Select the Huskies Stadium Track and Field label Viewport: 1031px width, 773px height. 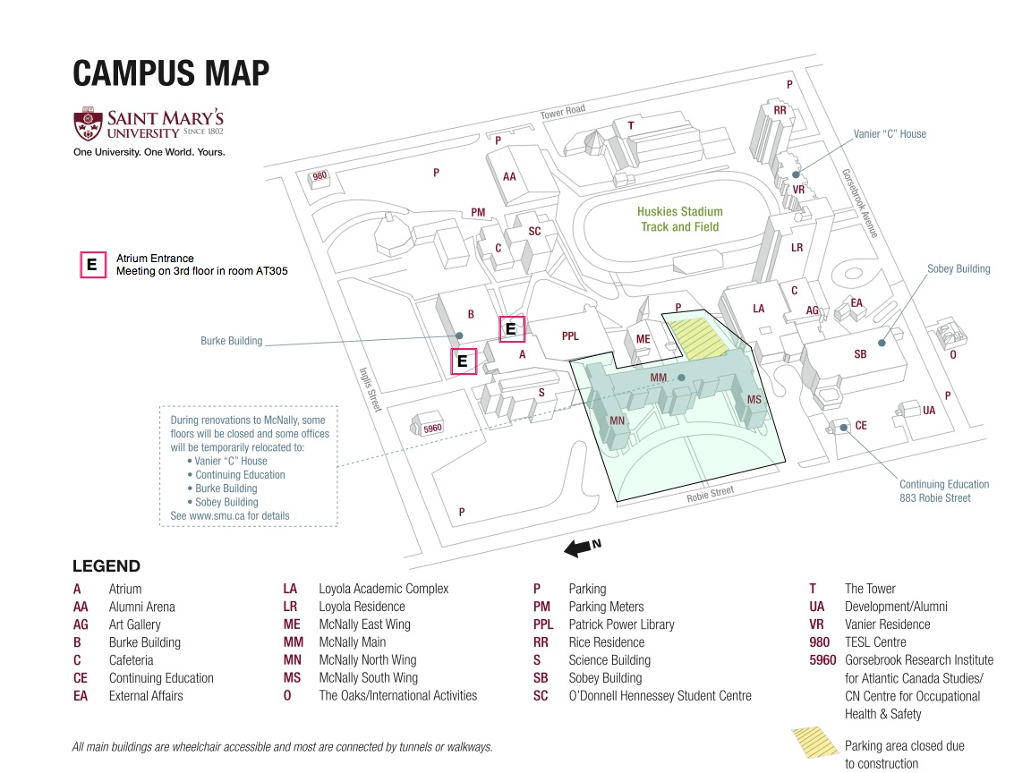tap(679, 219)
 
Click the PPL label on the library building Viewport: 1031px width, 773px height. tap(570, 336)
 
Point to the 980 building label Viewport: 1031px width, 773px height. tap(320, 176)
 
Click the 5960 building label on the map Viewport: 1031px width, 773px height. tap(432, 429)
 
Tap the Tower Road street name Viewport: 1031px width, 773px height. tap(563, 111)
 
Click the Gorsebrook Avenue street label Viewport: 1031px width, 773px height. tap(858, 203)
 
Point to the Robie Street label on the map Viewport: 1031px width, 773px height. tap(710, 494)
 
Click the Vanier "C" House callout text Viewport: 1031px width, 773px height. tap(890, 134)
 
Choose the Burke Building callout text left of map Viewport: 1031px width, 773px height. tap(232, 341)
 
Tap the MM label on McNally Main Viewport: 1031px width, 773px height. tap(659, 378)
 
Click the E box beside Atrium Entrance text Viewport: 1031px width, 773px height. tap(91, 266)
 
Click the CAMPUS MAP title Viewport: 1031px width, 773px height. tap(171, 73)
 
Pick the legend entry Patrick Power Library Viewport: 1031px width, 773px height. tap(621, 624)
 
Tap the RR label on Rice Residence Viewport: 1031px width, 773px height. tap(780, 111)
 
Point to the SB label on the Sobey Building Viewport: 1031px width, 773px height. tap(860, 354)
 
